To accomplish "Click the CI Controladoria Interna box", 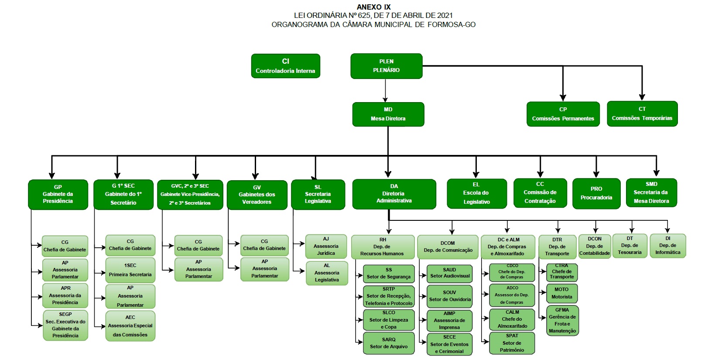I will click(x=285, y=66).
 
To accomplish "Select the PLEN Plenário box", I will click(x=386, y=66).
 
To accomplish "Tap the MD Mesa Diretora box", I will click(x=388, y=114).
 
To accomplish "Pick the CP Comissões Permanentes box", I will click(x=563, y=114).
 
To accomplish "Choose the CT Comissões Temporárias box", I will click(x=642, y=113).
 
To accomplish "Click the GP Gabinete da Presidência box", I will click(x=58, y=194).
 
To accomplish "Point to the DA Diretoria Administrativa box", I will click(x=394, y=194).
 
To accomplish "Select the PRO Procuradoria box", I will click(x=596, y=193).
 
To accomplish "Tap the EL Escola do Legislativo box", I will click(x=476, y=193).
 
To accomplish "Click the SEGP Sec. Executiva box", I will click(x=65, y=325).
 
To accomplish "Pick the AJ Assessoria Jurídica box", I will click(x=326, y=246).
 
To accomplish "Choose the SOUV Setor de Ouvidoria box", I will click(x=449, y=296).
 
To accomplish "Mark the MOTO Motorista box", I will click(x=561, y=293).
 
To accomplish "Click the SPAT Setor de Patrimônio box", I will click(x=512, y=343).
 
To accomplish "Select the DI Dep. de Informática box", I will click(x=667, y=246).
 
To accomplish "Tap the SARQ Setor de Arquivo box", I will click(x=389, y=343).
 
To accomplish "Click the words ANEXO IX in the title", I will click(x=373, y=7).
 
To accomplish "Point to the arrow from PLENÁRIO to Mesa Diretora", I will click(x=386, y=90).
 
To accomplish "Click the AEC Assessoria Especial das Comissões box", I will click(x=130, y=326).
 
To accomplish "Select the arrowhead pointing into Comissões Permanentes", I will click(x=563, y=98).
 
